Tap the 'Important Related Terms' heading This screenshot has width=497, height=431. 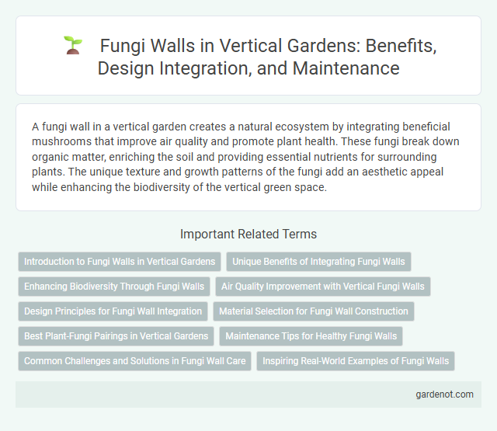[x=248, y=233]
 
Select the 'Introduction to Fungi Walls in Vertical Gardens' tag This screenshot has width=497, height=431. [x=120, y=262]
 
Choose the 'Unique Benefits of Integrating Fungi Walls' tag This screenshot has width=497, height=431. [x=318, y=262]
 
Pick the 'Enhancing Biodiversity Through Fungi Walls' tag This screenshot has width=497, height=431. [x=114, y=287]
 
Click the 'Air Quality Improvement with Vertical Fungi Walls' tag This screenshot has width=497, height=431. [x=323, y=287]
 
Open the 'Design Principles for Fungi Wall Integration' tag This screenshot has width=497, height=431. [x=113, y=311]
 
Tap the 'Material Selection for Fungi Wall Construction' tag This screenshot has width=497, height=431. [x=314, y=311]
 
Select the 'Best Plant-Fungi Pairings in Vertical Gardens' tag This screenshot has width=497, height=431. [x=116, y=336]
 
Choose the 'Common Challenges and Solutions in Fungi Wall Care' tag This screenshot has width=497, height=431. [x=134, y=361]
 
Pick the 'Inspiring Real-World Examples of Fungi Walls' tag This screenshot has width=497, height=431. [x=356, y=361]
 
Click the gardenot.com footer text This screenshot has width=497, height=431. [x=444, y=394]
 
